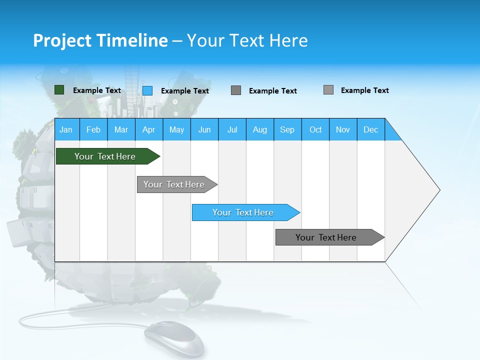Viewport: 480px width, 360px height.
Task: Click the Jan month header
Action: (x=66, y=129)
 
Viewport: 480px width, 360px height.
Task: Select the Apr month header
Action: (x=148, y=129)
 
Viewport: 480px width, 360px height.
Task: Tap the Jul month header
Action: (x=232, y=129)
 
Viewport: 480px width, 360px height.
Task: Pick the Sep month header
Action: (x=287, y=129)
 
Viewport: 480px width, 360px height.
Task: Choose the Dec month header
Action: (x=370, y=129)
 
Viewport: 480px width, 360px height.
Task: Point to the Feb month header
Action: (x=93, y=129)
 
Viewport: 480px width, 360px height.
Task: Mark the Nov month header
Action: (x=343, y=129)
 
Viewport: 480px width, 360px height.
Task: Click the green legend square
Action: (x=59, y=90)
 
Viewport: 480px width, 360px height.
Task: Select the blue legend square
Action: (x=147, y=90)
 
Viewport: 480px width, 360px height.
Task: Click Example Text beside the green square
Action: (x=97, y=90)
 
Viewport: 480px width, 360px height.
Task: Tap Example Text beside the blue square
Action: (x=185, y=91)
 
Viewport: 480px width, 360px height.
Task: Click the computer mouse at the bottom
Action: (x=174, y=338)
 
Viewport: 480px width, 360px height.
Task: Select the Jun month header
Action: (x=204, y=129)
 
